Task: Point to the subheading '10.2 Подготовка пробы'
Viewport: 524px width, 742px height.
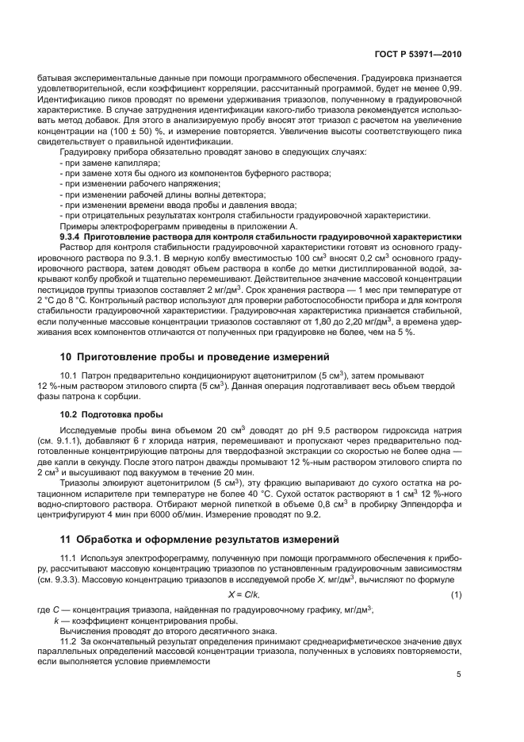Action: click(112, 415)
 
